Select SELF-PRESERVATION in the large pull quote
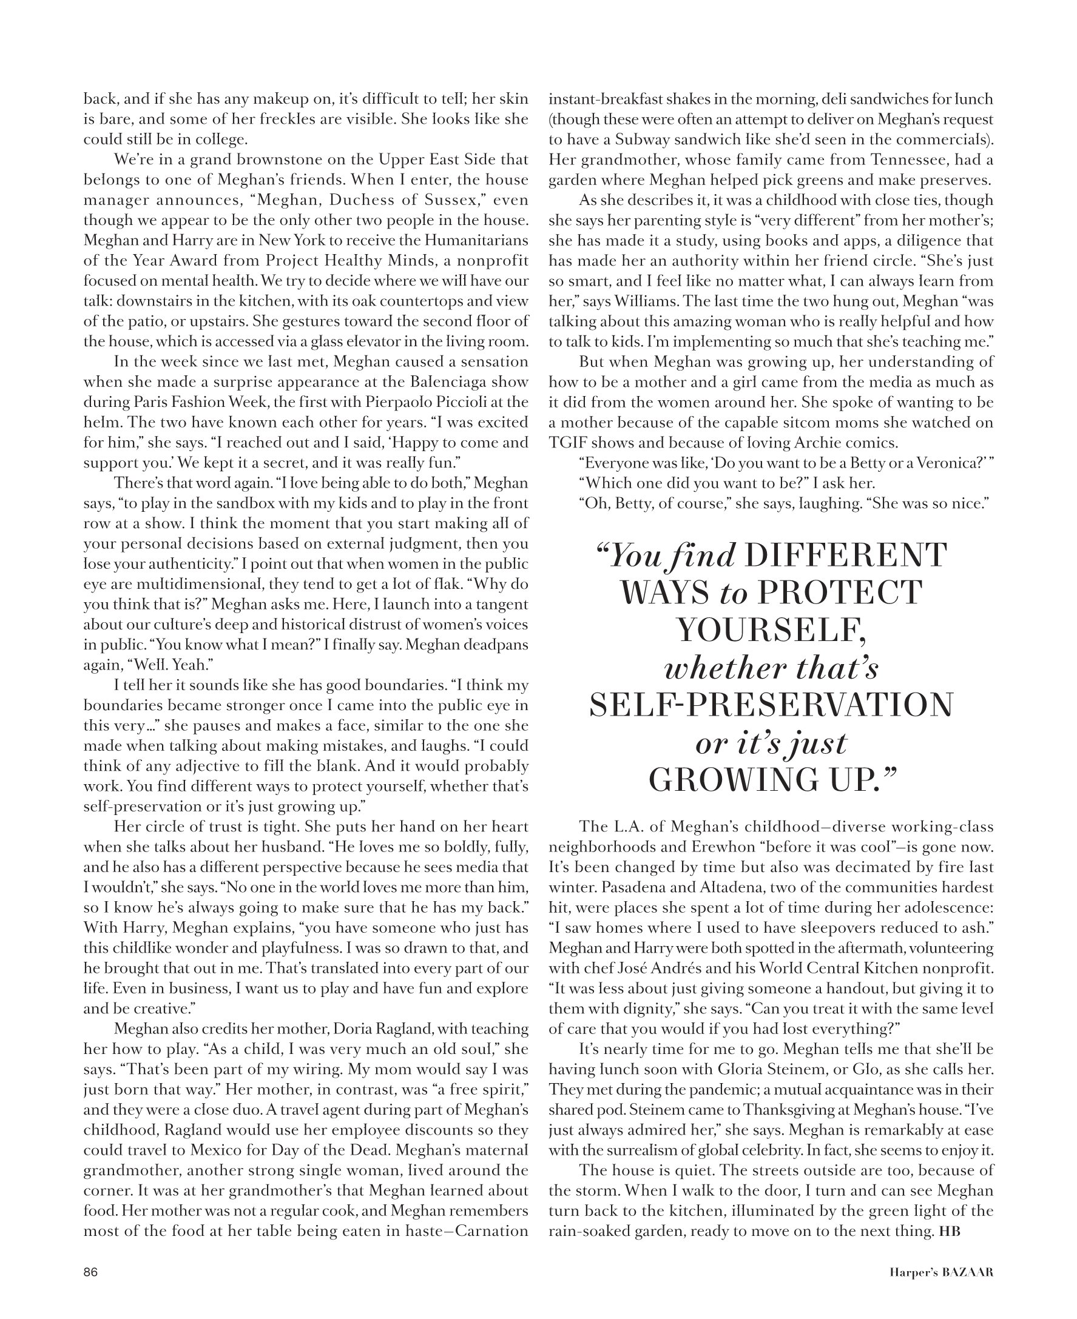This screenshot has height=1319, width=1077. coord(771,705)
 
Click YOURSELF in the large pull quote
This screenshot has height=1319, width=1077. coord(771,631)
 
